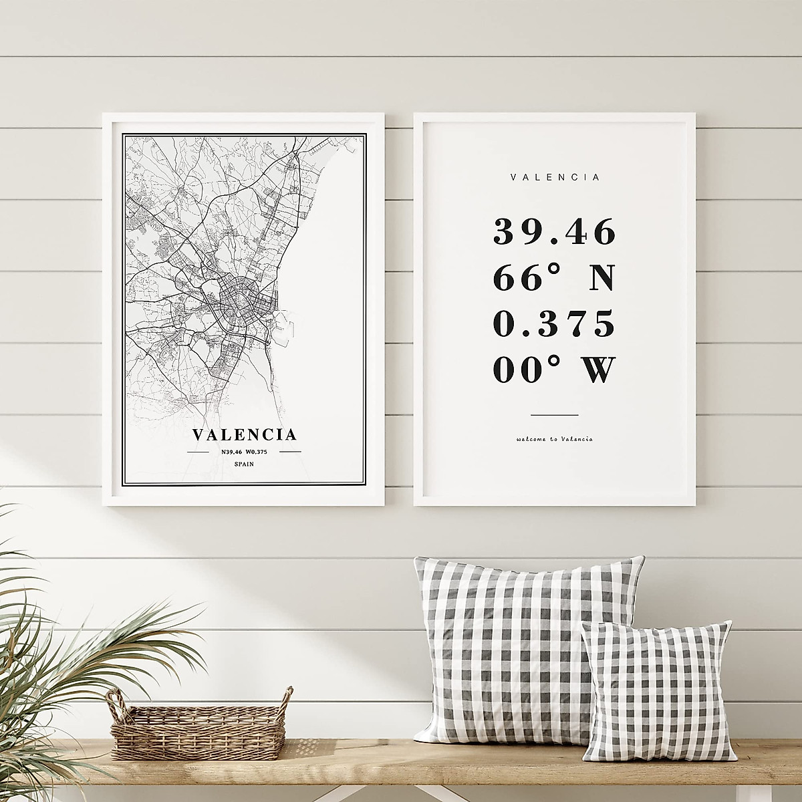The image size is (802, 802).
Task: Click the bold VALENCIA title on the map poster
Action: point(245,434)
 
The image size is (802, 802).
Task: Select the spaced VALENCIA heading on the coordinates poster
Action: point(555,178)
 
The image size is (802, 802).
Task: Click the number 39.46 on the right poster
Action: point(553,233)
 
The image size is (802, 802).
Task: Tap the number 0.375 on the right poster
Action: point(553,324)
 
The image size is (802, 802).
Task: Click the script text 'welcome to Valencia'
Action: point(554,439)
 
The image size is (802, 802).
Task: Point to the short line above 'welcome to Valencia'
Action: point(554,415)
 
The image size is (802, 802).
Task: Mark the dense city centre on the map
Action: point(241,301)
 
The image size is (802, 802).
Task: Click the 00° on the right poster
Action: point(517,370)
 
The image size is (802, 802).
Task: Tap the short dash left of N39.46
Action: point(198,452)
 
